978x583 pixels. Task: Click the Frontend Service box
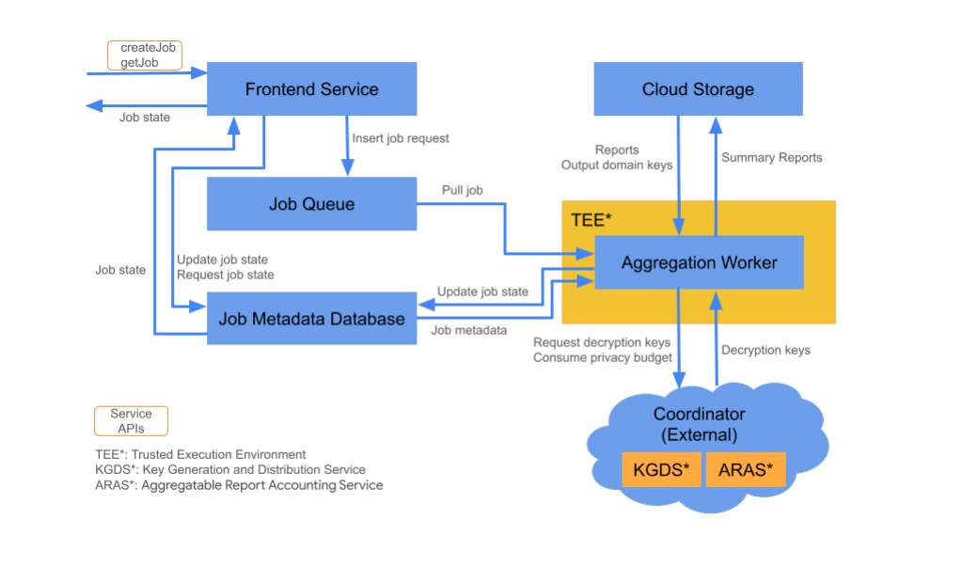[x=311, y=89]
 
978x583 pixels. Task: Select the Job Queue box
[x=311, y=204]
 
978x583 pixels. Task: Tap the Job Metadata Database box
[x=311, y=319]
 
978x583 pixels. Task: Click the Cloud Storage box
[x=698, y=89]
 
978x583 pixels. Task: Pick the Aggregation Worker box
[x=699, y=262]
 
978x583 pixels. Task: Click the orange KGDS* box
[x=661, y=469]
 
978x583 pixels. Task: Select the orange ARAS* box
[x=745, y=469]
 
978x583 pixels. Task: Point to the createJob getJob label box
[x=144, y=55]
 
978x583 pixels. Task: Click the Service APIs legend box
[x=131, y=420]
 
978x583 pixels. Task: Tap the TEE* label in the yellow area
[x=592, y=220]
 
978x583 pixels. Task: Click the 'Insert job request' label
[x=401, y=138]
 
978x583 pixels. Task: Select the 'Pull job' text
[x=463, y=190]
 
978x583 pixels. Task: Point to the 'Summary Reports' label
[x=771, y=157]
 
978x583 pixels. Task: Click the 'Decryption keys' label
[x=765, y=350]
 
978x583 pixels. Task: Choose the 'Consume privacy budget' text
[x=602, y=357]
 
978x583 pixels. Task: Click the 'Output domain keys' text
[x=617, y=165]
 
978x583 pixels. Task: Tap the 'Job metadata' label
[x=468, y=330]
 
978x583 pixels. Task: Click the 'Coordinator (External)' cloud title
[x=699, y=424]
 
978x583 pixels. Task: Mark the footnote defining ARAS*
[x=233, y=485]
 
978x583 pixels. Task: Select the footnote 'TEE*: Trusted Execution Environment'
[x=195, y=454]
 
